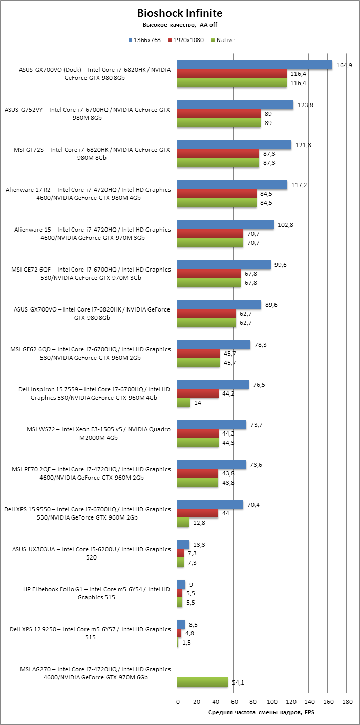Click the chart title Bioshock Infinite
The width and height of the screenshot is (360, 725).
click(180, 13)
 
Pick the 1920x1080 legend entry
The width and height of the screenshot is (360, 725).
click(187, 40)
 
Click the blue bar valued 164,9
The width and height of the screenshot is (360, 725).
click(255, 65)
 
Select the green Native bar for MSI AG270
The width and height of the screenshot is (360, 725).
click(202, 682)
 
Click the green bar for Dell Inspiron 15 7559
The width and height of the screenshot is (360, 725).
click(183, 403)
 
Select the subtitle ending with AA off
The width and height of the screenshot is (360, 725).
click(180, 25)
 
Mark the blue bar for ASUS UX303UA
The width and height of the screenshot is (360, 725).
click(183, 544)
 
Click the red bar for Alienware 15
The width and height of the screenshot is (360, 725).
click(210, 234)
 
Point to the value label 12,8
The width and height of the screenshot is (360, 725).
click(199, 523)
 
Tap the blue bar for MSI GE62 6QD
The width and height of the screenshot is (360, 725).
click(214, 344)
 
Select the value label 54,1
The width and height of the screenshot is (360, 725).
click(238, 682)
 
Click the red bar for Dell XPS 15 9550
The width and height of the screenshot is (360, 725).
click(197, 513)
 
